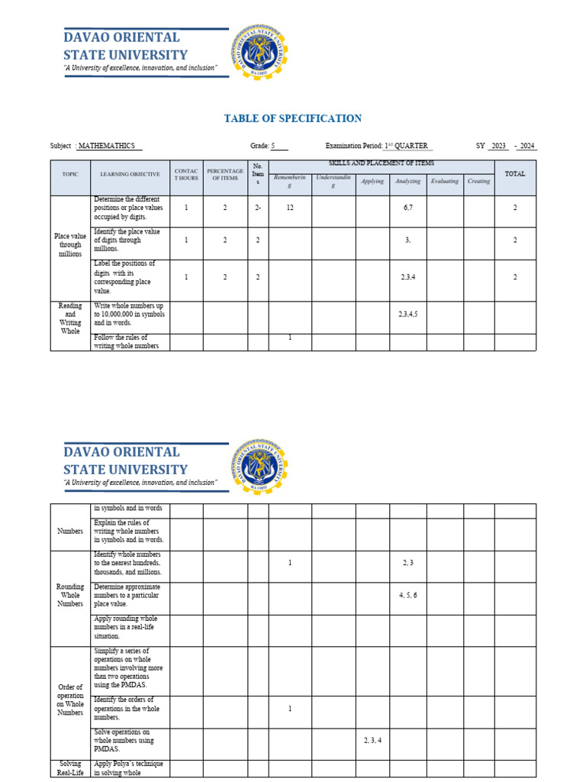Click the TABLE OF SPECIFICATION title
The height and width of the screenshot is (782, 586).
(292, 118)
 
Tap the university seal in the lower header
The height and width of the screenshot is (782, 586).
(259, 466)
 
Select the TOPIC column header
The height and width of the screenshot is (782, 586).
(70, 174)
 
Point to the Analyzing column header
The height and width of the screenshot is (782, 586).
(407, 181)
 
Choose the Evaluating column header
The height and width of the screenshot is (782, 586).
(444, 181)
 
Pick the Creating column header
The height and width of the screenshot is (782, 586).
(478, 181)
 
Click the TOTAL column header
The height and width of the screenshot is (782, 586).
(515, 174)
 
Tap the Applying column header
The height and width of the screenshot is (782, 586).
(372, 181)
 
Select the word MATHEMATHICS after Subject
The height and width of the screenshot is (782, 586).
(110, 146)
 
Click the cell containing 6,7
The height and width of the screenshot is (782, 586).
(407, 208)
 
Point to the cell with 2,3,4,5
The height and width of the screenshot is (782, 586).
(407, 314)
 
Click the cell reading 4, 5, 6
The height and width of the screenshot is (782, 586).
(407, 594)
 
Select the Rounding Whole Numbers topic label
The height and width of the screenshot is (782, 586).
(70, 595)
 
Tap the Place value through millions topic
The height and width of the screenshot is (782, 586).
(70, 245)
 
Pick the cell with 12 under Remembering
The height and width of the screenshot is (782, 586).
(290, 208)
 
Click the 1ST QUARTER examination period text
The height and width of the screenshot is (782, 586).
(406, 146)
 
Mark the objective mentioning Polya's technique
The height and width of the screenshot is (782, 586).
(128, 768)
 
